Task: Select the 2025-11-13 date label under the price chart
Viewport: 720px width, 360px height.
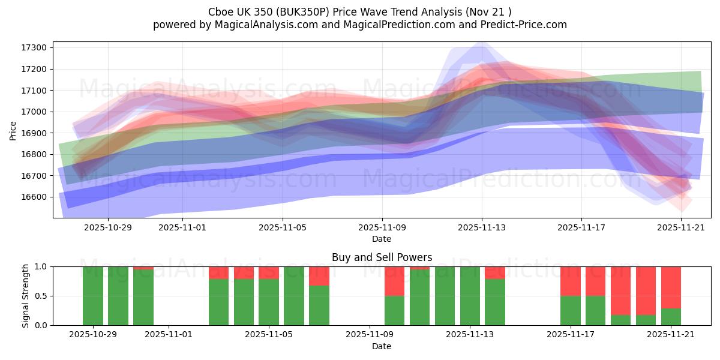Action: [482, 228]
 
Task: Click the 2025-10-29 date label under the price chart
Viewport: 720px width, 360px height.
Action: [108, 228]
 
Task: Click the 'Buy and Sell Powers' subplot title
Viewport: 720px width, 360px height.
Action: [382, 257]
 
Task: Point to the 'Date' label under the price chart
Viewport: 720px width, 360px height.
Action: [382, 239]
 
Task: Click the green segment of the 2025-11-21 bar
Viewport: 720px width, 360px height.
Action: [671, 317]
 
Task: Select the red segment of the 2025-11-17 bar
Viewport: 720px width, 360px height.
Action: [571, 281]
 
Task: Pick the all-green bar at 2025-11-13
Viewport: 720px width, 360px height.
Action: [470, 296]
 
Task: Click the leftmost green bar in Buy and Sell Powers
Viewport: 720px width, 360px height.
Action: [93, 296]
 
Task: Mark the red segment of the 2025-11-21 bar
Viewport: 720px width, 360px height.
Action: [671, 287]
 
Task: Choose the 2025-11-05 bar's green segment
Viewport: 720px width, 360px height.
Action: [269, 302]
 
